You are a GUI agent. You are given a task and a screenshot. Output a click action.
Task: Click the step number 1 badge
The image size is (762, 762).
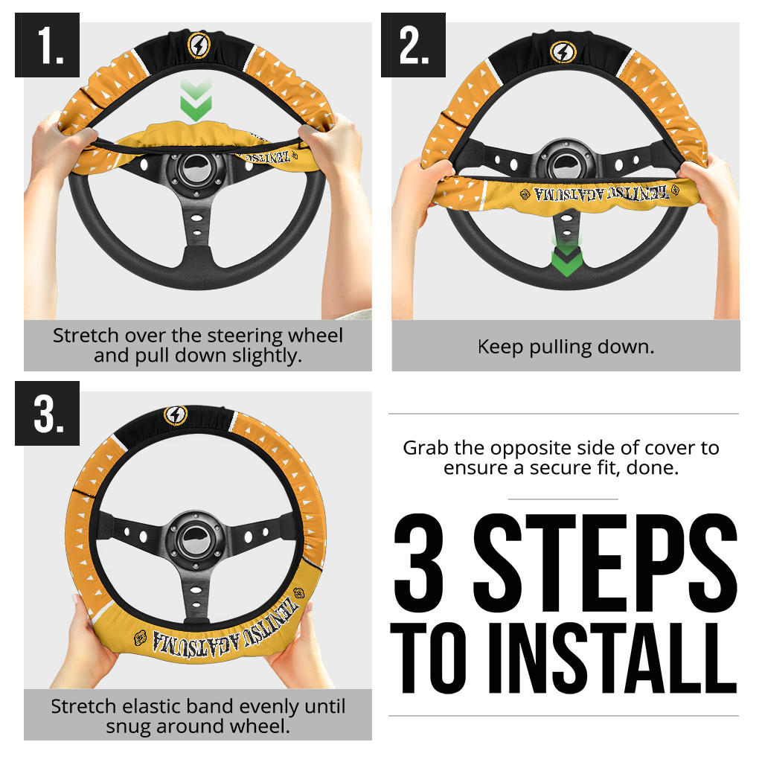(x=47, y=45)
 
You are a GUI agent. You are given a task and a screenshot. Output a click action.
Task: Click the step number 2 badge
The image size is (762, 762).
(x=413, y=45)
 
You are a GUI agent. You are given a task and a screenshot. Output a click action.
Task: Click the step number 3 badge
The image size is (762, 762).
(x=47, y=413)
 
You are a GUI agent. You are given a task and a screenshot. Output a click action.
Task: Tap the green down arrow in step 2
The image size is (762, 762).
(x=566, y=257)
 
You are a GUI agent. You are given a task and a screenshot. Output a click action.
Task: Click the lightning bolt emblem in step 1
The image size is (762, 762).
(x=199, y=45)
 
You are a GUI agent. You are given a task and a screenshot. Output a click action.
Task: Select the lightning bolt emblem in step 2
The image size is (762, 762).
(x=563, y=52)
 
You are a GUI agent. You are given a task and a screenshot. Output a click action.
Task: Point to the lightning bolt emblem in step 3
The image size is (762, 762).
(x=176, y=415)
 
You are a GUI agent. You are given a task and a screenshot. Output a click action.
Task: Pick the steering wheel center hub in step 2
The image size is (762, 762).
(x=566, y=164)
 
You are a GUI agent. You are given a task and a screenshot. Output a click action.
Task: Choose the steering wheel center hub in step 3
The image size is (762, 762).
(x=196, y=540)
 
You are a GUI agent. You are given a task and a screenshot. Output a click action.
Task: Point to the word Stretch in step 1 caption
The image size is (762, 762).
(x=86, y=336)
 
